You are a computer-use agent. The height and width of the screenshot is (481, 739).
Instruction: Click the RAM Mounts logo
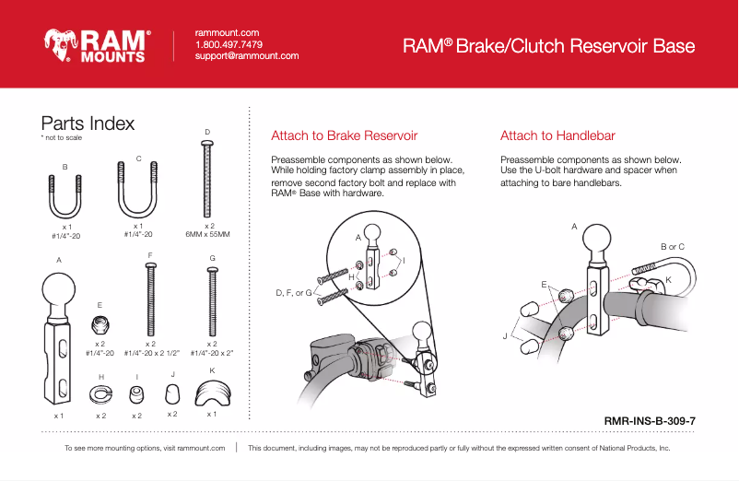point(96,44)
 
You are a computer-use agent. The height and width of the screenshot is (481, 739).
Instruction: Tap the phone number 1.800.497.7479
point(229,44)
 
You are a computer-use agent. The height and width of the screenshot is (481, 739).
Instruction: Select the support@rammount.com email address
point(247,56)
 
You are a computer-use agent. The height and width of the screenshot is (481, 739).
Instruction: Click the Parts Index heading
point(88,123)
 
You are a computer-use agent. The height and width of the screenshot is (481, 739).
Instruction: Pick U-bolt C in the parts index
point(138,189)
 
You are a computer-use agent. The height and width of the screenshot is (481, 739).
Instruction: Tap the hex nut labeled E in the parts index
point(100,324)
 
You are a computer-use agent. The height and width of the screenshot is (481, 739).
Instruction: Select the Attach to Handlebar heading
point(557,136)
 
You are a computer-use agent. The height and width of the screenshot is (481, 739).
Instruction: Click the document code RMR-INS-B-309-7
point(649,421)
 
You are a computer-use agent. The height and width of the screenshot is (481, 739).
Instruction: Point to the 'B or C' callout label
point(673,247)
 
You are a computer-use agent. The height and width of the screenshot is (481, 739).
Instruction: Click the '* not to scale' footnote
point(62,138)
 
